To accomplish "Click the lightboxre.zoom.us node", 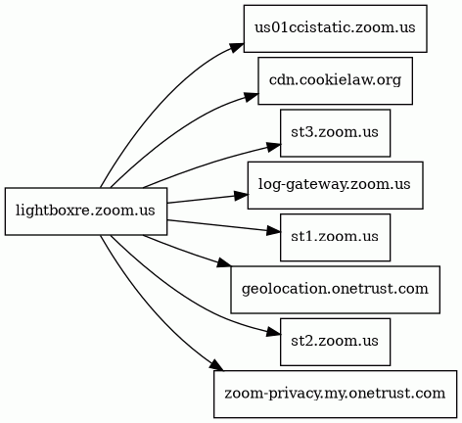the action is tap(86, 211).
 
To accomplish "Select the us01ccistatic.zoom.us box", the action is tap(335, 28).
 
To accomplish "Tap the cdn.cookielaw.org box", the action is tap(335, 80).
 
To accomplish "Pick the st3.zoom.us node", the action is tap(335, 133).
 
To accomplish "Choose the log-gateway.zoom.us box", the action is tap(335, 185).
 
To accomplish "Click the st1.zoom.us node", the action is tap(335, 237).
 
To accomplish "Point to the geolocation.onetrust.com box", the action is tap(335, 290).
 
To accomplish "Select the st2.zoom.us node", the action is tap(335, 342).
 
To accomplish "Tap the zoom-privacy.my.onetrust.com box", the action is tap(335, 394).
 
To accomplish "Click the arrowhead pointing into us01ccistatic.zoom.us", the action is tap(237, 47).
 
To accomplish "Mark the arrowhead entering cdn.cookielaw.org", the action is tap(251, 97).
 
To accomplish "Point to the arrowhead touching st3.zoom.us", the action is tap(273, 147).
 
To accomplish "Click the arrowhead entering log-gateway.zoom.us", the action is tap(241, 196).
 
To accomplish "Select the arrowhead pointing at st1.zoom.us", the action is tap(273, 231).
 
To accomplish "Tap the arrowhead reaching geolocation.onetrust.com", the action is tap(224, 263).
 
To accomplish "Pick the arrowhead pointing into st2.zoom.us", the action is tap(273, 332).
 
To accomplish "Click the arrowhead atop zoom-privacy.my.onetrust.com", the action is tap(217, 365).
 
